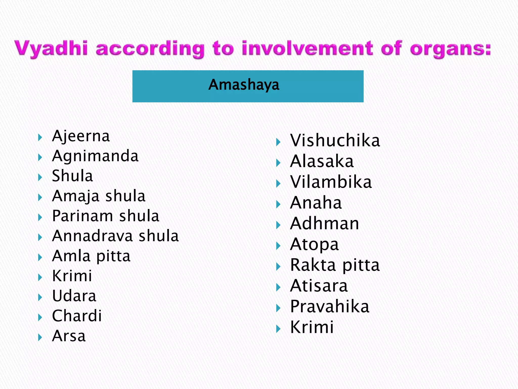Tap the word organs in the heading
450,49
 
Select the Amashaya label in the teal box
244,85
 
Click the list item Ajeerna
81,136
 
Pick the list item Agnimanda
95,156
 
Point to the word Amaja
76,196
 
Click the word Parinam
82,216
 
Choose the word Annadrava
92,236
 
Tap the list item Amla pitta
91,256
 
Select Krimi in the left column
72,276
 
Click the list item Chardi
77,316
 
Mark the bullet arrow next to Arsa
40,337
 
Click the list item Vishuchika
335,141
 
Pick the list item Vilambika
331,182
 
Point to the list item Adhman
325,224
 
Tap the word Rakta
313,265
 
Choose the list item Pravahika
330,307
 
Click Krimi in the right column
312,327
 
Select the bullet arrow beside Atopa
278,246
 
